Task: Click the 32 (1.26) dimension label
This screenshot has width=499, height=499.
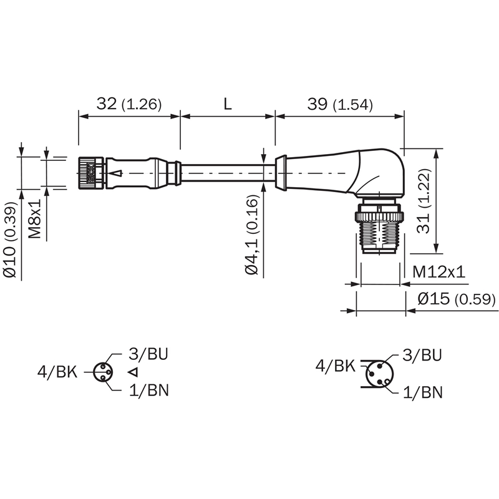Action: (129, 104)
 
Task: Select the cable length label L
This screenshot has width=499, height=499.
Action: (227, 104)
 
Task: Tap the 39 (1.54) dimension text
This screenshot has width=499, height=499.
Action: (339, 104)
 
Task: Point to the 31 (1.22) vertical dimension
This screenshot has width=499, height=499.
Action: (424, 201)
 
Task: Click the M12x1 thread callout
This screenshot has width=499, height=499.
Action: (438, 272)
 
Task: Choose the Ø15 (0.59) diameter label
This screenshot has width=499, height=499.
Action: (457, 299)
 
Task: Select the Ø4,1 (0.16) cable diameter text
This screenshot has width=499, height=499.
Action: (252, 235)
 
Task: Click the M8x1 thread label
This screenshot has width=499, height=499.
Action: (35, 219)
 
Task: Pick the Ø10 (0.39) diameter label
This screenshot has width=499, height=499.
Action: (9, 239)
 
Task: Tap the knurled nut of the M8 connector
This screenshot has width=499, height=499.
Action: (90, 173)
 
